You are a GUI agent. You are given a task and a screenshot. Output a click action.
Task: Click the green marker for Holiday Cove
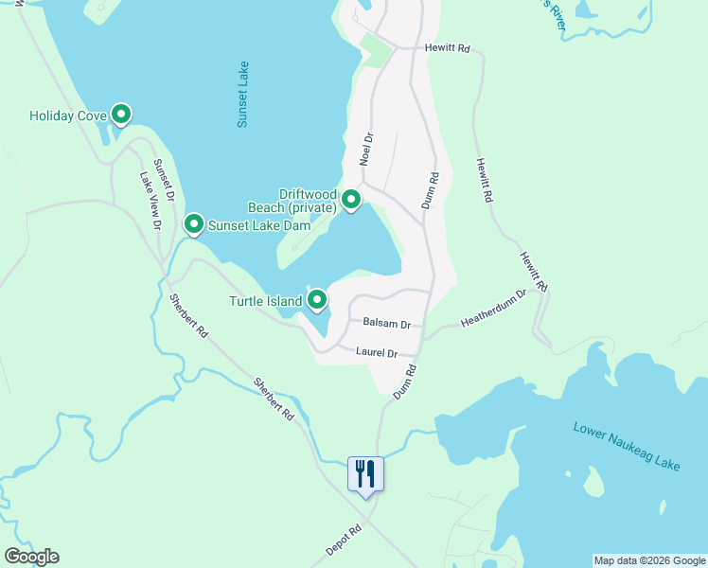121,115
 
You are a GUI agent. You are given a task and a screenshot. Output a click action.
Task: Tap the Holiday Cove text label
66,116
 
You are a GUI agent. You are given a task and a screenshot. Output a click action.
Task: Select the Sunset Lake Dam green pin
194,224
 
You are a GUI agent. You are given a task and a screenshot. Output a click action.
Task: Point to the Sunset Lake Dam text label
246,225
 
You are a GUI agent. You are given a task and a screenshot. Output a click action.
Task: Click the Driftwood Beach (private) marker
351,200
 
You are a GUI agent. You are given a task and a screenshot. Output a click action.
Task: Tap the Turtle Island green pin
317,301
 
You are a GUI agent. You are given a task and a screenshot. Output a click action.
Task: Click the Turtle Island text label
265,302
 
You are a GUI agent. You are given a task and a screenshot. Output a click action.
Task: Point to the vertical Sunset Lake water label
243,95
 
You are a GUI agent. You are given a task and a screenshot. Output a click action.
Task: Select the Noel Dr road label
368,150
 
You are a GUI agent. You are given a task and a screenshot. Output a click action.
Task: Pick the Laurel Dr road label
376,352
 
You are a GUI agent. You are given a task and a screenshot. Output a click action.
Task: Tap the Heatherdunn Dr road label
492,311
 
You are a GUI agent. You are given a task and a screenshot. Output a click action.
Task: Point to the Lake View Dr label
151,200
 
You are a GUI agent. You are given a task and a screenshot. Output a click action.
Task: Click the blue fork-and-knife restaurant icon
366,474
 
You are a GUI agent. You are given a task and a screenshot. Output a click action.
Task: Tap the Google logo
31,557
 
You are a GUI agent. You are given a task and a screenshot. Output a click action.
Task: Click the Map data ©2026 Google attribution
649,560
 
